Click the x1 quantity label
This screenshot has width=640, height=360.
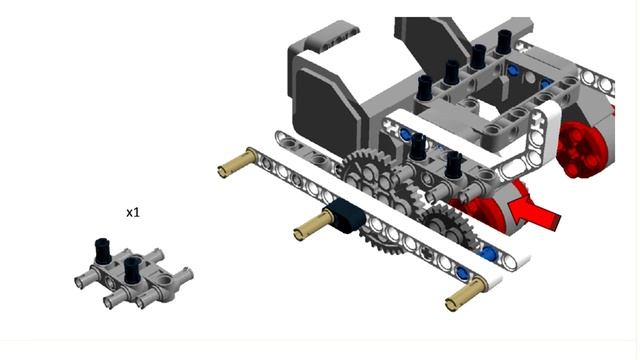(133, 213)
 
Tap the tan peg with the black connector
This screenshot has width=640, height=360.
(309, 226)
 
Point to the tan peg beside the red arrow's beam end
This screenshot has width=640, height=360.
(465, 293)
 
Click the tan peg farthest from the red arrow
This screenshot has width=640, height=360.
(238, 163)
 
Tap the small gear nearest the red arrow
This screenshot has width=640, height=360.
(448, 228)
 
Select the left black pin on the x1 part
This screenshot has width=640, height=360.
(102, 250)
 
